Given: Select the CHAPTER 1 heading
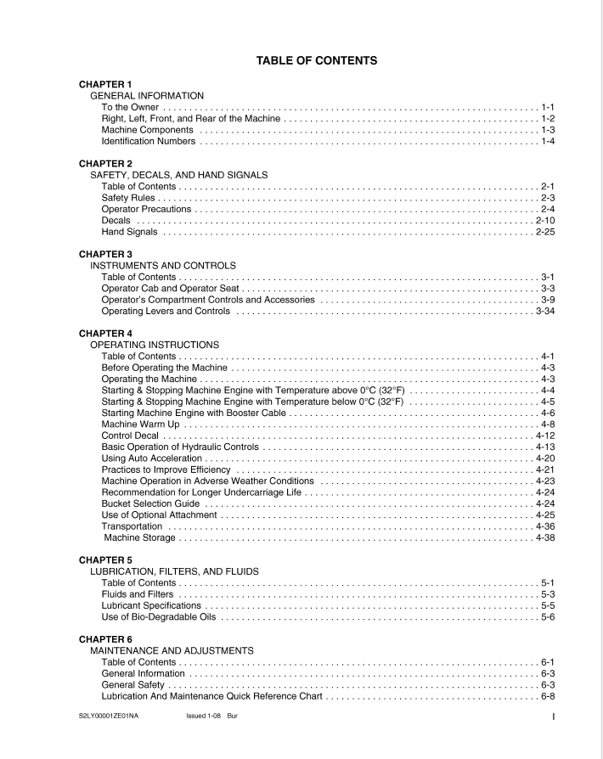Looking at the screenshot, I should (x=105, y=85).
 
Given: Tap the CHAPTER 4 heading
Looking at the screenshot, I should (x=105, y=334).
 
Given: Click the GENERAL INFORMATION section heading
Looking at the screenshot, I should (x=147, y=96).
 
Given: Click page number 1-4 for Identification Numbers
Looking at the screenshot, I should (x=547, y=141).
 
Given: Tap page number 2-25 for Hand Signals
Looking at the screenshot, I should (x=544, y=232).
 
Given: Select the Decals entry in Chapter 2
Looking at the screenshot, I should (x=116, y=221).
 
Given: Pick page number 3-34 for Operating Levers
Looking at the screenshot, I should (x=544, y=311).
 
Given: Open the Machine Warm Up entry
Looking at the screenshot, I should (x=140, y=424).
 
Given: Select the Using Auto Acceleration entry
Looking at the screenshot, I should (x=151, y=458).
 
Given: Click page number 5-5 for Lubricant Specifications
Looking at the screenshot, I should (x=547, y=605).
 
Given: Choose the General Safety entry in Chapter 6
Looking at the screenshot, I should (x=133, y=684).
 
